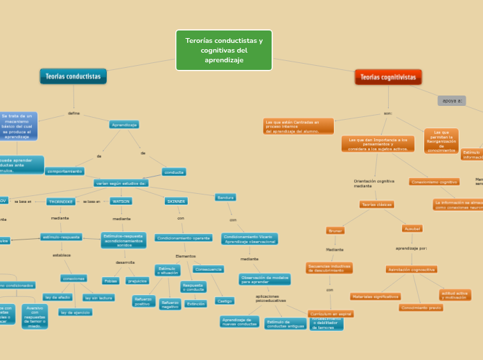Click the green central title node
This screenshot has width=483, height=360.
click(x=224, y=50)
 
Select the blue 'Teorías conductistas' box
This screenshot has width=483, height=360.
click(x=73, y=76)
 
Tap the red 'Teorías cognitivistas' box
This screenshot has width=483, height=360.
click(x=388, y=78)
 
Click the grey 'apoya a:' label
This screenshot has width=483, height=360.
click(x=452, y=100)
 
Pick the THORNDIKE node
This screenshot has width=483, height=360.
click(x=61, y=201)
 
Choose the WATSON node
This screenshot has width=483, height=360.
click(x=121, y=201)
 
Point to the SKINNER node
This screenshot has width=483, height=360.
click(x=176, y=201)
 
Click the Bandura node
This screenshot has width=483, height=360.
click(x=225, y=197)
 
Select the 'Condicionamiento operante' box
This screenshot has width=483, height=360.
click(x=184, y=237)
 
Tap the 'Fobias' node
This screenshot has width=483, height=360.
click(x=111, y=280)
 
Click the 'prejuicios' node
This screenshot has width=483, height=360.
click(x=138, y=280)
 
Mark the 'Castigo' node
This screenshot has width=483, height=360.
click(x=225, y=301)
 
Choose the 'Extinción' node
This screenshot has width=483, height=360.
click(x=196, y=303)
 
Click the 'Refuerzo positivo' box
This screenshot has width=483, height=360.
click(x=143, y=301)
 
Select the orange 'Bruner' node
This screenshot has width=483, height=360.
click(x=335, y=230)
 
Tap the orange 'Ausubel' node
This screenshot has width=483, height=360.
click(x=412, y=228)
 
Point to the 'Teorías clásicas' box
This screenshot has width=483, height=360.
click(x=376, y=204)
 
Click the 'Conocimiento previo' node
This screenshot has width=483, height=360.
click(x=421, y=307)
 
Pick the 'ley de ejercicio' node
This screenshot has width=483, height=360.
click(x=75, y=312)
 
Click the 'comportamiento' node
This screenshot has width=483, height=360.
click(x=64, y=171)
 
